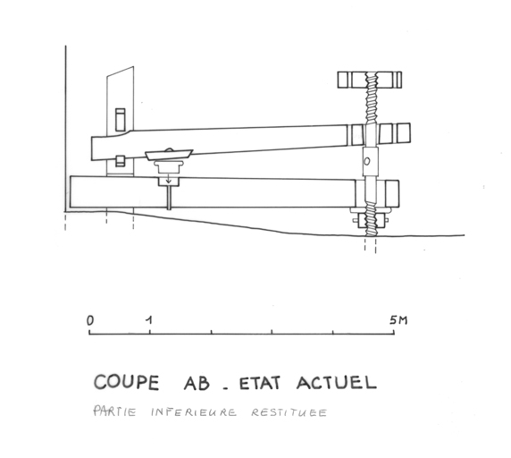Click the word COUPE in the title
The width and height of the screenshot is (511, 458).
tap(127, 382)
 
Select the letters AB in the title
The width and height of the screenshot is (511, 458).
tap(197, 383)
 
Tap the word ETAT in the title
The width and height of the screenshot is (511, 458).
tap(260, 383)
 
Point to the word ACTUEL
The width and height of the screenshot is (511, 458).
tap(337, 383)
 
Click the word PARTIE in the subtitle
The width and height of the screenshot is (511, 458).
tap(114, 411)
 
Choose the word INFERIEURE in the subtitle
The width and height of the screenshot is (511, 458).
tap(194, 412)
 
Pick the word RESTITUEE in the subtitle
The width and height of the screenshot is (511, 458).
tap(289, 412)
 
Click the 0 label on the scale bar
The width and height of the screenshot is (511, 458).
tap(90, 320)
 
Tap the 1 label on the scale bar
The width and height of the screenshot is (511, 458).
tap(149, 320)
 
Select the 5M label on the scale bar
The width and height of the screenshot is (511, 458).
tap(398, 320)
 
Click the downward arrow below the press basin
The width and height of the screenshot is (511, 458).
tap(169, 179)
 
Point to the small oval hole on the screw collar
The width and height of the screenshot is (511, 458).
tap(367, 161)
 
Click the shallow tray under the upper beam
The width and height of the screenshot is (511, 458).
tap(169, 155)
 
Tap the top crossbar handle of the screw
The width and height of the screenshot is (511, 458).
tap(370, 80)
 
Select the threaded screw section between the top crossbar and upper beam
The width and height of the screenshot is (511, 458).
tap(371, 106)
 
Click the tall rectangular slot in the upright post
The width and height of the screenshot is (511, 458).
tap(121, 120)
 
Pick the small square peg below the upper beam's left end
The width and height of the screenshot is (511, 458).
tap(121, 161)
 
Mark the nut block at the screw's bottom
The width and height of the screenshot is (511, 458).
tap(370, 221)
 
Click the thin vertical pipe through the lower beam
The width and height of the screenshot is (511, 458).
tap(169, 198)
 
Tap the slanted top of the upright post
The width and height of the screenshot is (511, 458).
tap(121, 72)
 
